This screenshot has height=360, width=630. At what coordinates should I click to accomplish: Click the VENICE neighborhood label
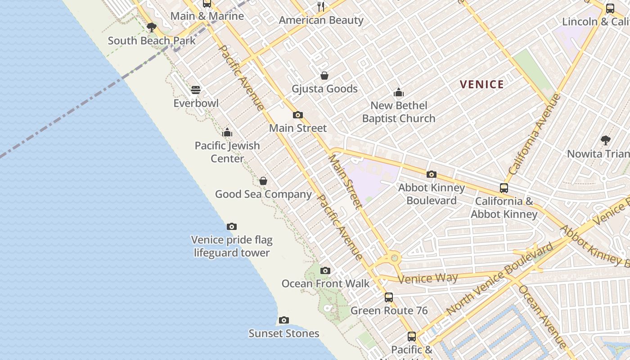pos(481,84)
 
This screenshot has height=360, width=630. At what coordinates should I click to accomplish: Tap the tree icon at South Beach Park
pos(152,27)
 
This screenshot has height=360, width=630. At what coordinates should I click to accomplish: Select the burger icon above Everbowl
pos(196,90)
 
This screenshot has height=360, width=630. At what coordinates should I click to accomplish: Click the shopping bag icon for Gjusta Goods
pos(324,76)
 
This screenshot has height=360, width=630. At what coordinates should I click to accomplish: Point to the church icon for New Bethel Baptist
pos(398,93)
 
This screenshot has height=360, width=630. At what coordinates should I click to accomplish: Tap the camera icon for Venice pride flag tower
pos(232,226)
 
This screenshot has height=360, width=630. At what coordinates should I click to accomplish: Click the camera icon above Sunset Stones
pos(283,320)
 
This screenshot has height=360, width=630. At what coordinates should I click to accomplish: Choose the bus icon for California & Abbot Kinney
pos(504,188)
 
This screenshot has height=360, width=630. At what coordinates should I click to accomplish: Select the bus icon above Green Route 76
pos(389,297)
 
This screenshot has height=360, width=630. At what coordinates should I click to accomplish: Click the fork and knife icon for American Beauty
pos(321,7)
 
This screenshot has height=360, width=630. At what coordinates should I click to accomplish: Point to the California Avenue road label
pos(535,134)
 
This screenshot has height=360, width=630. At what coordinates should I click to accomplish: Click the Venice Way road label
pos(427,279)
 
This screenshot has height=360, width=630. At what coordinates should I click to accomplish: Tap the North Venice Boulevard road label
pos(499,279)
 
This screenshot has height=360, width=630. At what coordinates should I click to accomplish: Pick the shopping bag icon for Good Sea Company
pos(263,181)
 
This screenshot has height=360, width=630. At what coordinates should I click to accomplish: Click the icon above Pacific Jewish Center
pos(227,132)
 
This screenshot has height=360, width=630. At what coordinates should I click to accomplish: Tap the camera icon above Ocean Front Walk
pos(325,270)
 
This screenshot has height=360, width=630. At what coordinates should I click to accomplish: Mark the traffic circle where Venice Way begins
pos(395,258)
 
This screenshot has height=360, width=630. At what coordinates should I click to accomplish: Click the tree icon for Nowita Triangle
pos(605,140)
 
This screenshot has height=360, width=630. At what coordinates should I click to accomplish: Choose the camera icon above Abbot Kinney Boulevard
pos(431,175)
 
